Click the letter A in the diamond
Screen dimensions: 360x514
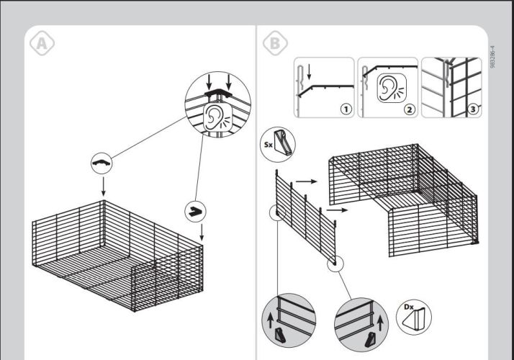click(x=42, y=43)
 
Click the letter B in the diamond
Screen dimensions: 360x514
click(x=274, y=43)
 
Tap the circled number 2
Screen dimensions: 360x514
click(x=409, y=109)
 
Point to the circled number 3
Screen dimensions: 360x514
click(x=472, y=109)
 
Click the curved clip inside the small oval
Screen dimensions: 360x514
click(x=103, y=163)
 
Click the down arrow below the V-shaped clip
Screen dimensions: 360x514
click(x=202, y=233)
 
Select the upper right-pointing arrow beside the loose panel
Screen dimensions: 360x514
click(x=306, y=182)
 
